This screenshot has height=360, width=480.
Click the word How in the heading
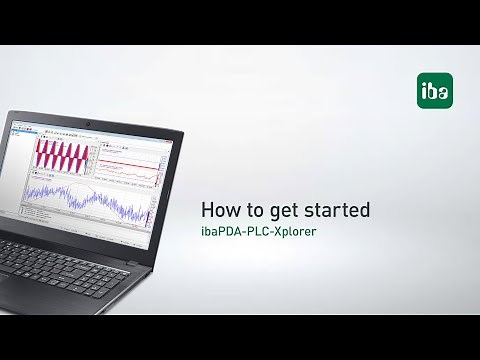[x=220, y=211]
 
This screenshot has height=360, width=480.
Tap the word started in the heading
[x=336, y=211]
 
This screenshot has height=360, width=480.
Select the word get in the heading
[x=280, y=212]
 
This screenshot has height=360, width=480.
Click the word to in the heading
[x=252, y=211]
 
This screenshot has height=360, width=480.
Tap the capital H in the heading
[x=208, y=211]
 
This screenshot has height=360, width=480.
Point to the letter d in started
[x=365, y=211]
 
